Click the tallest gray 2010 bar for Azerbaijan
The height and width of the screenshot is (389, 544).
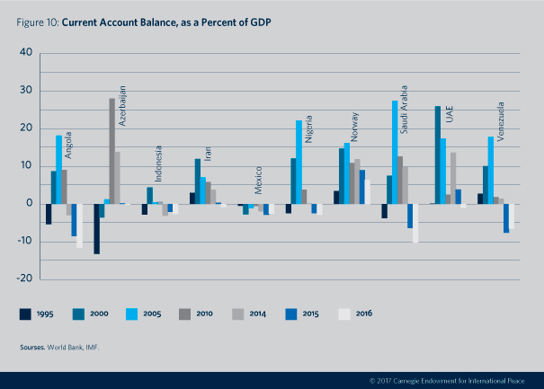(112, 151)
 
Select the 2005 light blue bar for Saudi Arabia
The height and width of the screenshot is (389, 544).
(395, 152)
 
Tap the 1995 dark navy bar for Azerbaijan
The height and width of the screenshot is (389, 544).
(96, 228)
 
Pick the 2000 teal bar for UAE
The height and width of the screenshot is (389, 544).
(438, 155)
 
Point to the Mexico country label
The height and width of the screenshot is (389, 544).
(258, 180)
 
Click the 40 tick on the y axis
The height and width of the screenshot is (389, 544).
(25, 53)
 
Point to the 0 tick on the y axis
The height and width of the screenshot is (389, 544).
(29, 204)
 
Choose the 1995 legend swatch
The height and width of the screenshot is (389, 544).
(27, 314)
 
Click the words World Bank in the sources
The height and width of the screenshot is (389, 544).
(64, 345)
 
